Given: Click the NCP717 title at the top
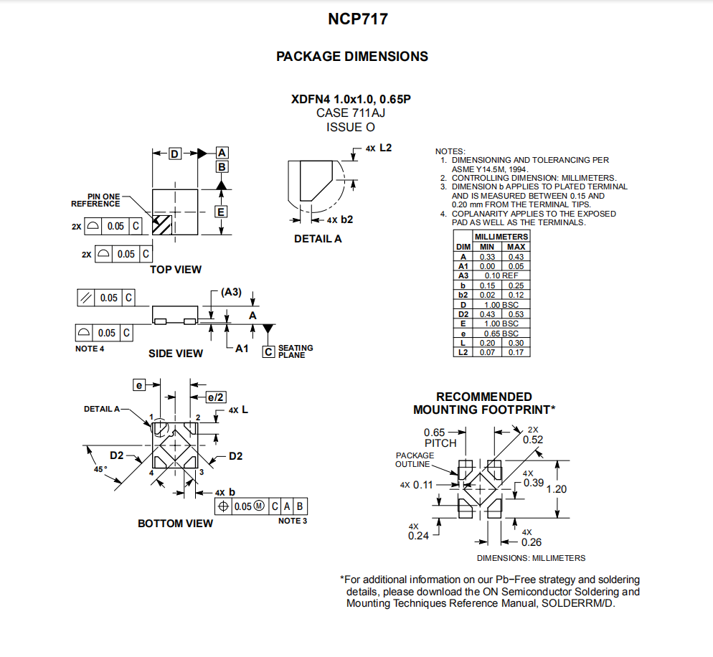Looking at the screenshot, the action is (358, 19).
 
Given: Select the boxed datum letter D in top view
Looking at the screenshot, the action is (174, 153).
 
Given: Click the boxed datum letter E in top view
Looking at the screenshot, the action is (221, 212).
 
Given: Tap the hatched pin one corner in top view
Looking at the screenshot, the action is (162, 224).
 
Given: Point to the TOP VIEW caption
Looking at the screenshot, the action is (176, 270).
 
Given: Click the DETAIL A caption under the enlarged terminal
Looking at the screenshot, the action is (318, 239).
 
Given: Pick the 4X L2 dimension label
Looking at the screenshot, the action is (379, 148).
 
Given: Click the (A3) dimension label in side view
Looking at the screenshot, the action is (231, 292).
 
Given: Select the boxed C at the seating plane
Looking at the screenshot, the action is (269, 352).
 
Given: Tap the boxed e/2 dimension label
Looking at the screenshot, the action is (215, 397).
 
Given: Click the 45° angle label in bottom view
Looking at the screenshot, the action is (100, 469).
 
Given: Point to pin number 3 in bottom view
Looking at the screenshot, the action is (202, 473).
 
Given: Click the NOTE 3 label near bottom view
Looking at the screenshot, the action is (293, 521).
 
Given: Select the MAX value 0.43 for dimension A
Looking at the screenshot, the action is (516, 257).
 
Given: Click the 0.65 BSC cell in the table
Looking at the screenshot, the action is (501, 334).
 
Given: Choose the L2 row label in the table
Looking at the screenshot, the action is (463, 352).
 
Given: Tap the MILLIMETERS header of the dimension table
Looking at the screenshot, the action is (501, 237).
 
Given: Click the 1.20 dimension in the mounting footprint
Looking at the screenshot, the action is (557, 489).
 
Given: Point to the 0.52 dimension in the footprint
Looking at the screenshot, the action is (533, 440).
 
